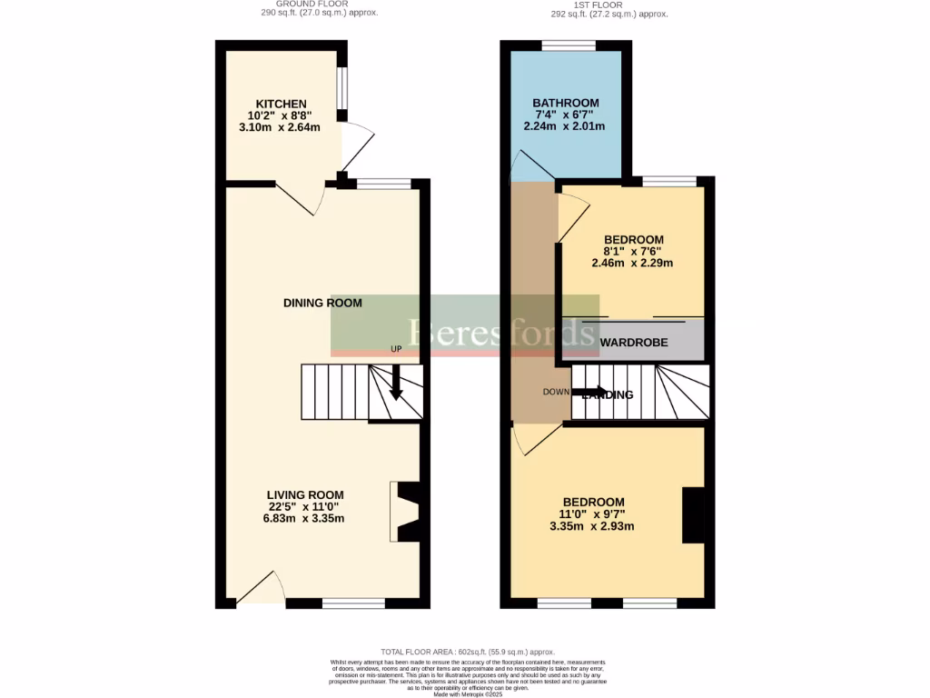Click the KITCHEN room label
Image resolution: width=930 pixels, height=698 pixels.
click(x=281, y=104)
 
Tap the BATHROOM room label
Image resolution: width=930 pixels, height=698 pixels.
click(x=565, y=103)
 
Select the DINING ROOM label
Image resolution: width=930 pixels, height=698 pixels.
click(x=322, y=303)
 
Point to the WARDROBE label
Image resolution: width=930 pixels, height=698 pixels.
click(x=634, y=343)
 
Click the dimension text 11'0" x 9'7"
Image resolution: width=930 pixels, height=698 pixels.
click(x=593, y=514)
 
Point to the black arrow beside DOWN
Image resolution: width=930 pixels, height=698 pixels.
click(x=589, y=393)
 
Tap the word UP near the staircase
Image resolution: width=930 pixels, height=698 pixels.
click(x=396, y=349)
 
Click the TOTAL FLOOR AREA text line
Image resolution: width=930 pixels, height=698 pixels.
click(x=467, y=652)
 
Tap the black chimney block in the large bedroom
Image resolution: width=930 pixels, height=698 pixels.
click(x=693, y=515)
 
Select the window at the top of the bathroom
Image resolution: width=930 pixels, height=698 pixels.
click(x=569, y=45)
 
